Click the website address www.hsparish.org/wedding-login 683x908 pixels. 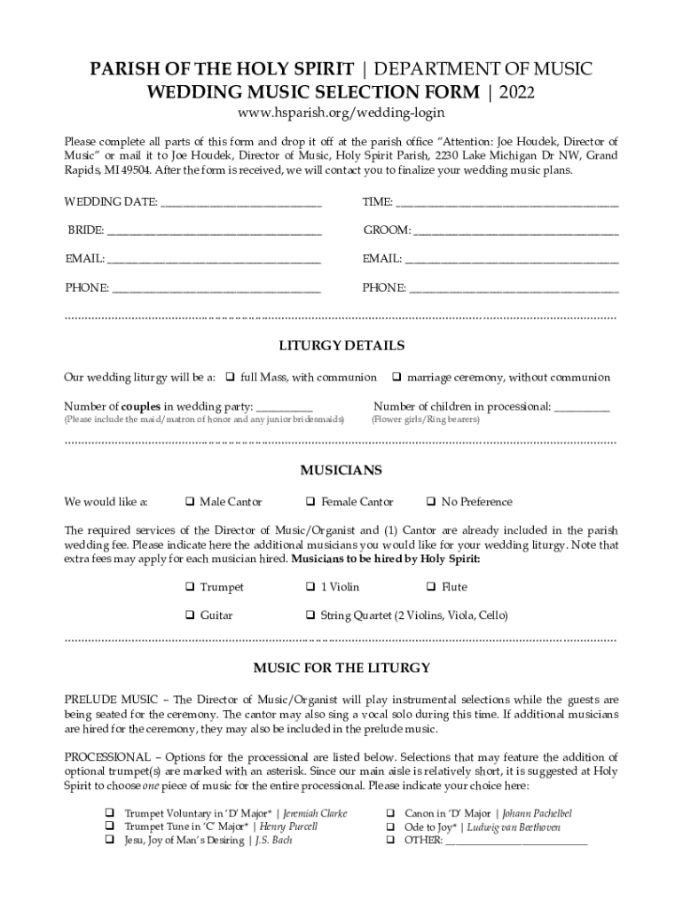click(x=341, y=113)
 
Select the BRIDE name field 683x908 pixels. click(x=214, y=232)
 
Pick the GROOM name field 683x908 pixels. click(x=516, y=232)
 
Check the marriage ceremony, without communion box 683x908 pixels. click(x=397, y=378)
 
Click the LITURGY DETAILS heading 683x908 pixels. click(x=341, y=346)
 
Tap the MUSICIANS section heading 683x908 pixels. click(x=341, y=470)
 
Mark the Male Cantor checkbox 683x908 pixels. click(x=190, y=502)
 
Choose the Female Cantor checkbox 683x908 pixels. click(x=310, y=502)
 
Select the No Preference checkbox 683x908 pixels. click(x=431, y=502)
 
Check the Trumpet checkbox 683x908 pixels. click(x=190, y=587)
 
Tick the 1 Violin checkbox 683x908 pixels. click(x=310, y=587)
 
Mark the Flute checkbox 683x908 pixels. click(x=431, y=587)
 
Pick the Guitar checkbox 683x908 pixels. click(x=190, y=614)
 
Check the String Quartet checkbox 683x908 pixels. click(x=310, y=614)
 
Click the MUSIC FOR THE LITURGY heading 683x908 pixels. click(x=341, y=668)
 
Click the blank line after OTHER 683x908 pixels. click(x=516, y=841)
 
